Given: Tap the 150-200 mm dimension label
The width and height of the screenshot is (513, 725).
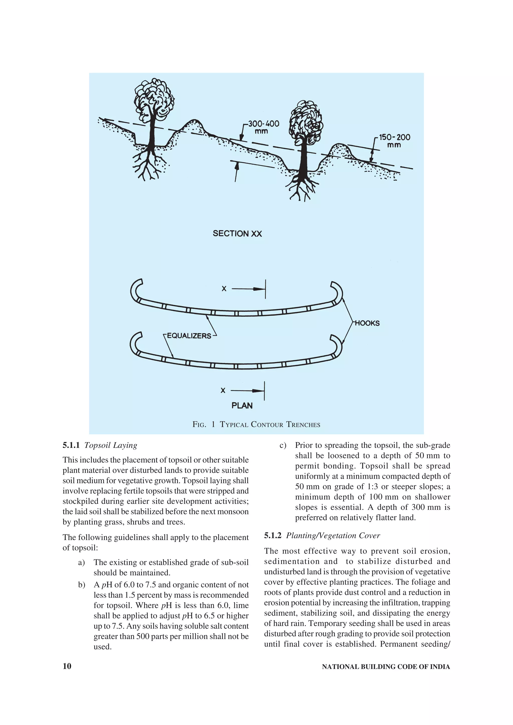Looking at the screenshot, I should (394, 141).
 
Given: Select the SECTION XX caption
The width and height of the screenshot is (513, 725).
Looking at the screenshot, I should (237, 234).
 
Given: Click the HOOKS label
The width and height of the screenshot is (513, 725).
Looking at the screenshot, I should (367, 323).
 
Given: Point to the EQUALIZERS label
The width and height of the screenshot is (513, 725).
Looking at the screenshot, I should (189, 336).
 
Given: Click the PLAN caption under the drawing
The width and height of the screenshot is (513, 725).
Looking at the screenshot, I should (242, 406).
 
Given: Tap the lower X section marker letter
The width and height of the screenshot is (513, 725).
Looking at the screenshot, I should (223, 391).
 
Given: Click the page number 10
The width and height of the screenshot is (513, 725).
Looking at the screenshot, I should (67, 666).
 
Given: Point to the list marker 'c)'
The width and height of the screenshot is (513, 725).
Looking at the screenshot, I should (283, 445).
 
